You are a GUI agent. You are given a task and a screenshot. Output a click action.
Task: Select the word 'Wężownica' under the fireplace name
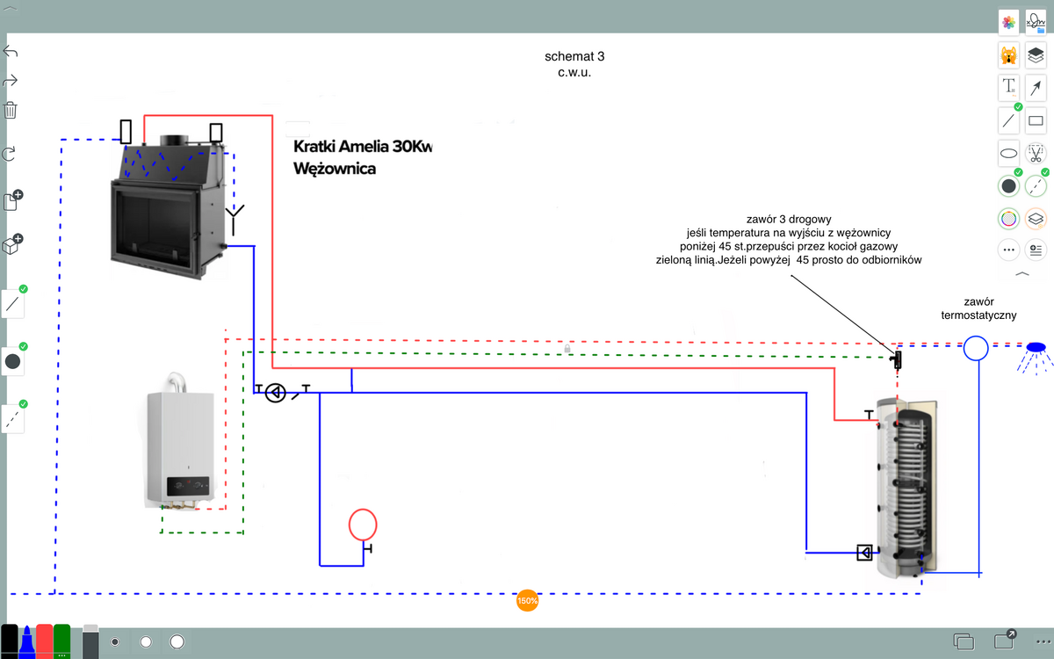coord(335,169)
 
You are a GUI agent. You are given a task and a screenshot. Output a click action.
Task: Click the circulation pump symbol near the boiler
coord(276,393)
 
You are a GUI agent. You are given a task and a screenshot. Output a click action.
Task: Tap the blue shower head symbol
coord(1037,348)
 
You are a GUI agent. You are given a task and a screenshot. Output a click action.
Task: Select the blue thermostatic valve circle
coord(976,349)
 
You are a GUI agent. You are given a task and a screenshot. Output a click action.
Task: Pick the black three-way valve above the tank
coord(897,359)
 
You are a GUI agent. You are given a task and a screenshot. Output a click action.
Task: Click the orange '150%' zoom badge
coord(528,601)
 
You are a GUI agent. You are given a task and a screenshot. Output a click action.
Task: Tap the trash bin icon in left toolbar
coord(11,110)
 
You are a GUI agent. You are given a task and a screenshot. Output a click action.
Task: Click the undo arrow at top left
coord(11,51)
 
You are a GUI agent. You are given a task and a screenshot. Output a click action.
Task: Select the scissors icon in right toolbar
coord(1036,154)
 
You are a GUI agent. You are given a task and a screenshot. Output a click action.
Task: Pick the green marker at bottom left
coord(61,641)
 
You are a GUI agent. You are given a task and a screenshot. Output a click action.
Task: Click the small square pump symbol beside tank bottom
coord(865,553)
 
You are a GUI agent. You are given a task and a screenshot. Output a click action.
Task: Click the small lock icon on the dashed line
coord(568,349)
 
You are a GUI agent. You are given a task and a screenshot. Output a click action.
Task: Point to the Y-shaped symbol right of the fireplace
coord(235,216)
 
